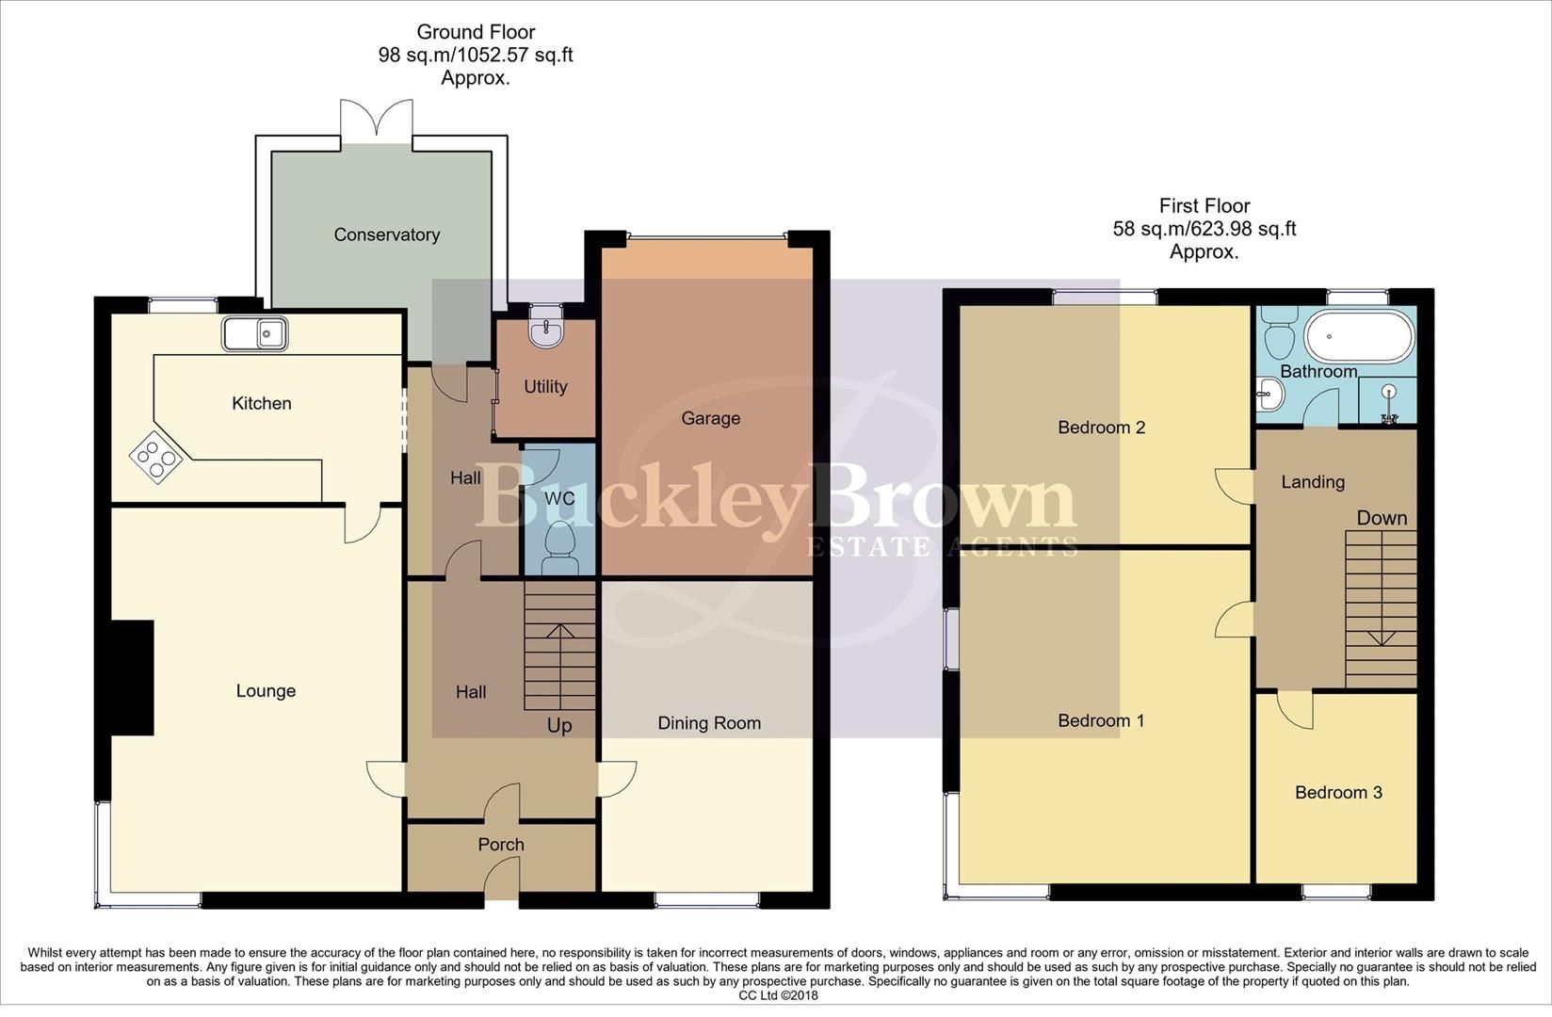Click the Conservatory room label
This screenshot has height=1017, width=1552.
(386, 234)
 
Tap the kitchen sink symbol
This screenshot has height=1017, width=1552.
(255, 333)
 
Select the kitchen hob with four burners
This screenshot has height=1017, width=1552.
(156, 458)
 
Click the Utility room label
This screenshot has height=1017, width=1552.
(545, 386)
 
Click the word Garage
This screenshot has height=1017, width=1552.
(710, 418)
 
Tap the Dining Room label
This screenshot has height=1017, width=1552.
(708, 723)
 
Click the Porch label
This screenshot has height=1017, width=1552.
(500, 845)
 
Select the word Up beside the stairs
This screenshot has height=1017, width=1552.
(559, 726)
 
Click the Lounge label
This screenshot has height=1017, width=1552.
(266, 691)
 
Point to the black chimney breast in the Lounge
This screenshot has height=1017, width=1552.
(133, 677)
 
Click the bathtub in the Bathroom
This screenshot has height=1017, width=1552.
(1359, 335)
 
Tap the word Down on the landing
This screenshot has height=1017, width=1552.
(1382, 518)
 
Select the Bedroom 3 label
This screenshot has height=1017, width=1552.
(1338, 793)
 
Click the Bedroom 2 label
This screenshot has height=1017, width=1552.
(1101, 428)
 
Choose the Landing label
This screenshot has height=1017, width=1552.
(1312, 482)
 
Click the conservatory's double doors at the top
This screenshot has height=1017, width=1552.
(376, 122)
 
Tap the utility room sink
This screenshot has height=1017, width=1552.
(545, 331)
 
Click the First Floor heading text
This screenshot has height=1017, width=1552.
(1204, 205)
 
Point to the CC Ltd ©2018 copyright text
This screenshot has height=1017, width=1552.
(778, 995)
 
